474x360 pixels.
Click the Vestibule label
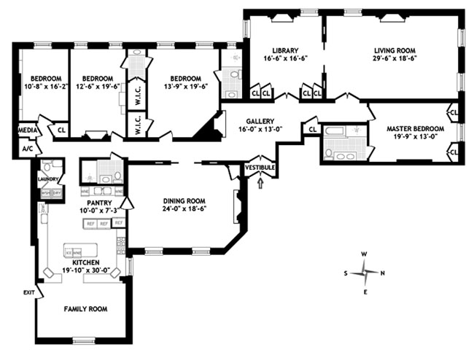260,168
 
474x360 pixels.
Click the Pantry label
98,203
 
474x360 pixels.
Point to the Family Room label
85,309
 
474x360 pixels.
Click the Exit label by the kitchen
28,292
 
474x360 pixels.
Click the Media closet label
27,130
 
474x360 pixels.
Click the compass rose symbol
364,273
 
